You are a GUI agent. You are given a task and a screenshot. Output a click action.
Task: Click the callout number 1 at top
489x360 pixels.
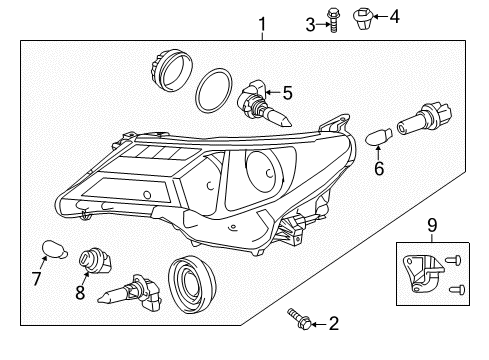pos(263,23)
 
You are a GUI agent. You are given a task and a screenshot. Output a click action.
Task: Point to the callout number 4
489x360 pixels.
pos(394,15)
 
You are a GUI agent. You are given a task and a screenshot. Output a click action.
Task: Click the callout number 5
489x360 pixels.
pos(287,94)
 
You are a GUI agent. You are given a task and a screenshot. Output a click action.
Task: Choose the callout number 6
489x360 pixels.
pos(378,169)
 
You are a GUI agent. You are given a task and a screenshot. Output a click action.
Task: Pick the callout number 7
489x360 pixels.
pos(36,276)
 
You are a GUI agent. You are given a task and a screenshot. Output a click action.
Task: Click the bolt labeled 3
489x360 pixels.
pos(334,22)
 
